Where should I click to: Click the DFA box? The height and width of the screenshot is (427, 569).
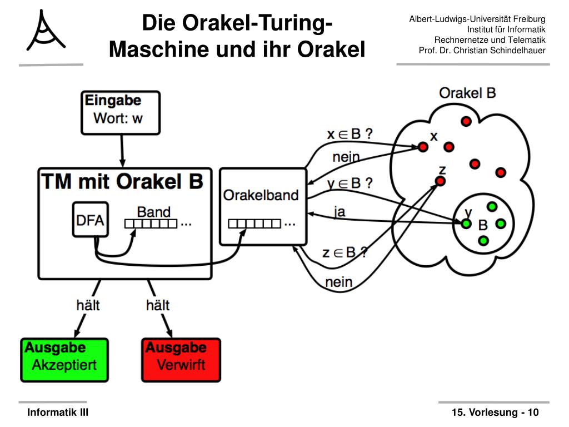pyautogui.click(x=91, y=220)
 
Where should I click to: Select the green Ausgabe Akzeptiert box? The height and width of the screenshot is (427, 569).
pyautogui.click(x=64, y=360)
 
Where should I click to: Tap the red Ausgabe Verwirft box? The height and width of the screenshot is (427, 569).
pyautogui.click(x=181, y=360)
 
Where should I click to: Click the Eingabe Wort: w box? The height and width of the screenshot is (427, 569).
pyautogui.click(x=121, y=113)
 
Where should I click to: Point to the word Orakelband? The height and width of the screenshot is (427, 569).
pyautogui.click(x=261, y=195)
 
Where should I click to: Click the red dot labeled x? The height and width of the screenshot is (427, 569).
pyautogui.click(x=423, y=147)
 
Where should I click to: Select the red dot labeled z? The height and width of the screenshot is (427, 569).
pyautogui.click(x=440, y=181)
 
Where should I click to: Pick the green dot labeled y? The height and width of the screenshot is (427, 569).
pyautogui.click(x=466, y=224)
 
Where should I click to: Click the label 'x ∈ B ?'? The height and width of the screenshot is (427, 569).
pyautogui.click(x=350, y=134)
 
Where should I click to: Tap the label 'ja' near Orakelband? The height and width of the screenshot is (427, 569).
pyautogui.click(x=340, y=211)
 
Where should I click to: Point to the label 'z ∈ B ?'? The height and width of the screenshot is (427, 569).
pyautogui.click(x=345, y=252)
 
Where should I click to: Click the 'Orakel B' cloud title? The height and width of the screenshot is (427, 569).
pyautogui.click(x=467, y=93)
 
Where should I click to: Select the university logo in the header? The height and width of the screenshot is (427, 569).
pyautogui.click(x=46, y=31)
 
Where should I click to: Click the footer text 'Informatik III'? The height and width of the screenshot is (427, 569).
pyautogui.click(x=58, y=413)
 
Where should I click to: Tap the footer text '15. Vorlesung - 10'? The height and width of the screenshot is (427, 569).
pyautogui.click(x=495, y=413)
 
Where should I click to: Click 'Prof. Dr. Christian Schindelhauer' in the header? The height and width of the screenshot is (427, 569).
pyautogui.click(x=482, y=51)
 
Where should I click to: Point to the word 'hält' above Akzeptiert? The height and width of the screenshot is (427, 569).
pyautogui.click(x=88, y=305)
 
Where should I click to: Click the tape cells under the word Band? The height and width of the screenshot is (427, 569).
pyautogui.click(x=151, y=224)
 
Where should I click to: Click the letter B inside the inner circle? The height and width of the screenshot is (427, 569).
pyautogui.click(x=483, y=225)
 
